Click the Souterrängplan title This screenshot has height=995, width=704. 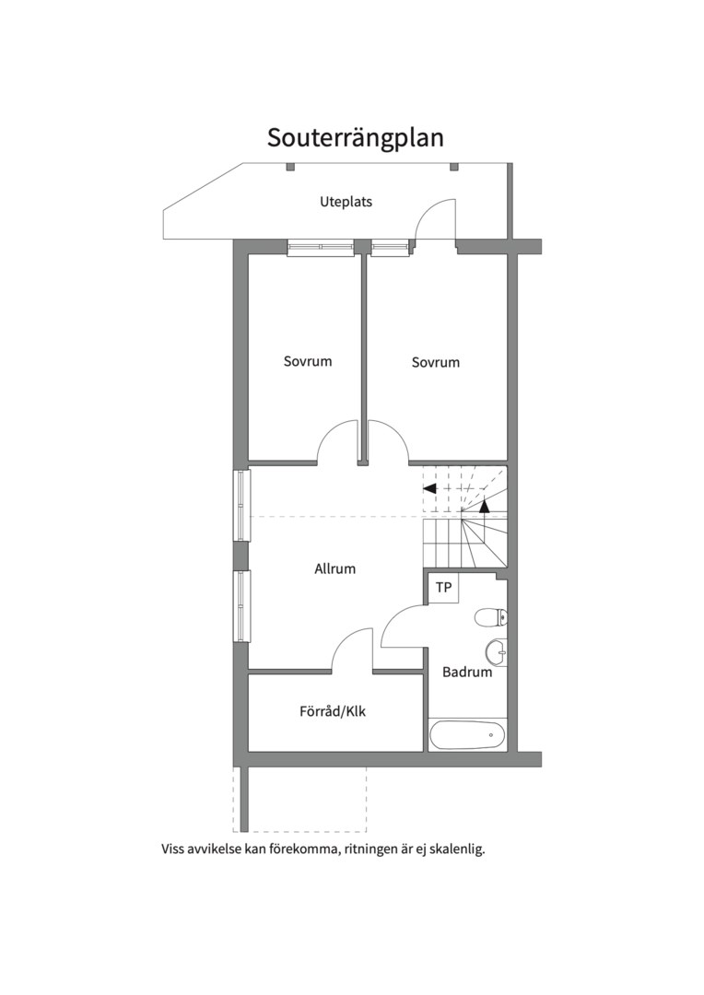click(x=355, y=138)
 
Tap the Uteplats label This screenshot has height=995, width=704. click(x=346, y=202)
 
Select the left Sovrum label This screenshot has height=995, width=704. click(x=308, y=361)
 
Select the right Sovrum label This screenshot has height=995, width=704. click(x=436, y=362)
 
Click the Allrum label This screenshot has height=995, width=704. click(x=335, y=568)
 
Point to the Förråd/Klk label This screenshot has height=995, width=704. click(x=333, y=711)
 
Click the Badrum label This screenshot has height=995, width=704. click(x=467, y=672)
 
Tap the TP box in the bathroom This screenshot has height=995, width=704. click(x=444, y=588)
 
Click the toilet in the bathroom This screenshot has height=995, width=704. click(x=491, y=616)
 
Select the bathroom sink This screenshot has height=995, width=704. click(x=497, y=650)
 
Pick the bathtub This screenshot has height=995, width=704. click(x=468, y=735)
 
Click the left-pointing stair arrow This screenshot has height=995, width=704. click(x=429, y=488)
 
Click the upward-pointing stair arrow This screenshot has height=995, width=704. click(x=485, y=506)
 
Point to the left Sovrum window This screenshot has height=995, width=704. click(x=321, y=248)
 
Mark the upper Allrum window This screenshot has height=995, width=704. click(x=242, y=505)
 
